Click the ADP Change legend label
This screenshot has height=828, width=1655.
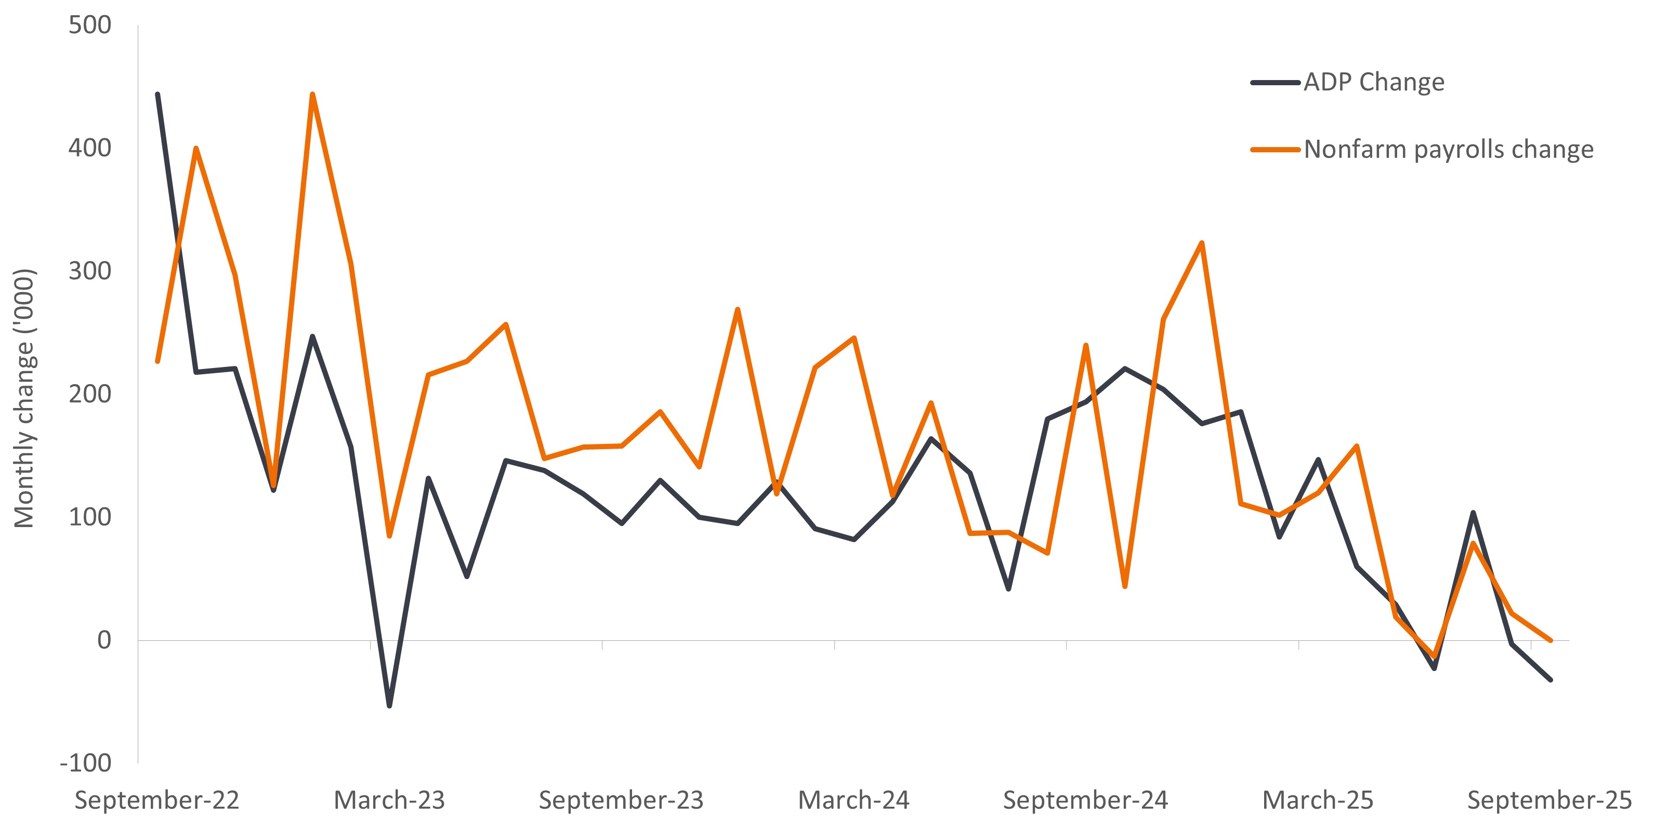(1374, 82)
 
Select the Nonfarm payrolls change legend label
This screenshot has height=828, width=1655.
(1448, 150)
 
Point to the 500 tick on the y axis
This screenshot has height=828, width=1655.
(90, 25)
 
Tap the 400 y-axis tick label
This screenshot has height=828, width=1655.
(90, 148)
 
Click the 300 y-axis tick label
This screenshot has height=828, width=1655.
(90, 271)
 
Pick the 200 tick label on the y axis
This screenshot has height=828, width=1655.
(90, 394)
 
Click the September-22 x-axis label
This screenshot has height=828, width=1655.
(157, 800)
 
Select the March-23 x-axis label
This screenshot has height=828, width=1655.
(389, 800)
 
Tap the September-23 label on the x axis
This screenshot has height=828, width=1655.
(621, 800)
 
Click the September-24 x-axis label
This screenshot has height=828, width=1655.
(1086, 800)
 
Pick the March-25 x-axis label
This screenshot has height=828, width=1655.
(1318, 800)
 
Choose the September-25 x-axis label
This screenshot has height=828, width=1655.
(1549, 800)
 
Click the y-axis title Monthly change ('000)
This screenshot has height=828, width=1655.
(24, 398)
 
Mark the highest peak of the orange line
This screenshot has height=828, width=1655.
(312, 95)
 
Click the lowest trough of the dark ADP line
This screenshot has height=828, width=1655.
(389, 706)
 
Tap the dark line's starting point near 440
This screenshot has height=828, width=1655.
(157, 95)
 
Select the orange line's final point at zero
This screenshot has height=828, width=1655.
(1551, 640)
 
